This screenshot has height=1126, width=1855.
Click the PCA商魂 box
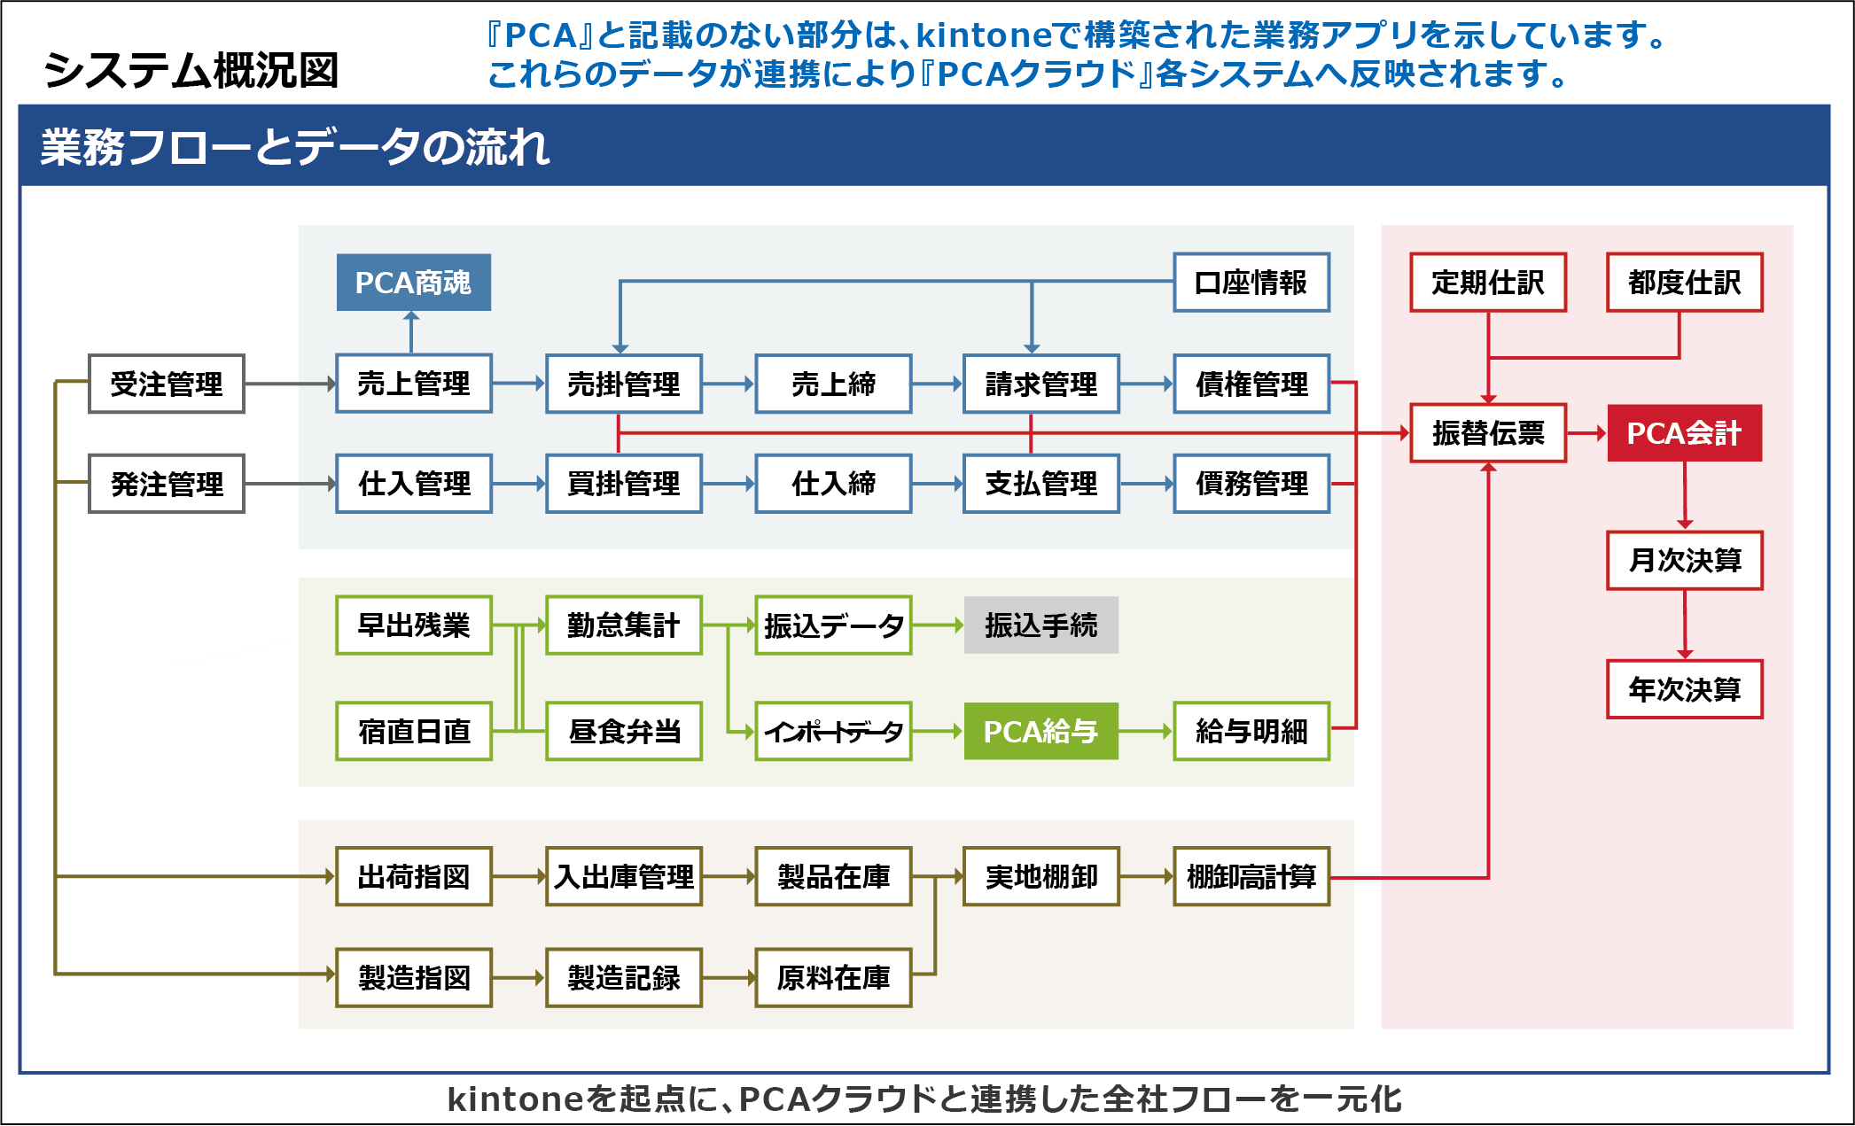pos(413,283)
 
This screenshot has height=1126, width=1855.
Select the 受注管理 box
pos(167,384)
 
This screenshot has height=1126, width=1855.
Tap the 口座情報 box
pos(1251,283)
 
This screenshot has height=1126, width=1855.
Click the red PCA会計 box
pos(1684,433)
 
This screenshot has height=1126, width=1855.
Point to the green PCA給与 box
pos(1041,732)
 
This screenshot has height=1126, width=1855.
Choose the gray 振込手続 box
pos(1041,625)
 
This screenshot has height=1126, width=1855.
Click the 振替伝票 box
pos(1487,433)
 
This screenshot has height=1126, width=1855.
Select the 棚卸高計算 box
pos(1251,877)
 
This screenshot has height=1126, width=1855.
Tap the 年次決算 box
pos(1684,689)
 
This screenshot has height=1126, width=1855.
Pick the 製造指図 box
pos(413,978)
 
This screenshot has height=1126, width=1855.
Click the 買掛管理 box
pos(623,484)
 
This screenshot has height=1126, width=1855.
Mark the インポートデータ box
pos(833,732)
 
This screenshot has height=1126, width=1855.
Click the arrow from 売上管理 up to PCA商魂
pos(411,332)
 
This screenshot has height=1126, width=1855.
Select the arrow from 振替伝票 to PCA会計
pos(1586,433)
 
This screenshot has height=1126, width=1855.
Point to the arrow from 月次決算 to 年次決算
pos(1685,625)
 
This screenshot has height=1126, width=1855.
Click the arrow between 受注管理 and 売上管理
pos(290,384)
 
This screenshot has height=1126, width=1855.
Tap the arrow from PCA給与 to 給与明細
pos(1146,732)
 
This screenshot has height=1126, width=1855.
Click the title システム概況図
pos(191,71)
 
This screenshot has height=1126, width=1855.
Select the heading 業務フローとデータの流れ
pos(295,147)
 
